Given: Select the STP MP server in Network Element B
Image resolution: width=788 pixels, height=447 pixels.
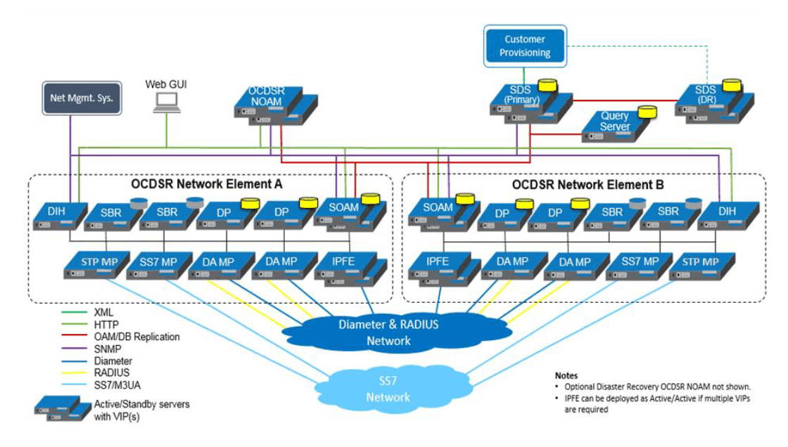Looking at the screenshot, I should point(701,265).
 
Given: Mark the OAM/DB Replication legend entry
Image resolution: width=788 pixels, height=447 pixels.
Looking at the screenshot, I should point(136,337).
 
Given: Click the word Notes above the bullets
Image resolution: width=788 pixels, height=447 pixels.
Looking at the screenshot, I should point(567,376).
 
